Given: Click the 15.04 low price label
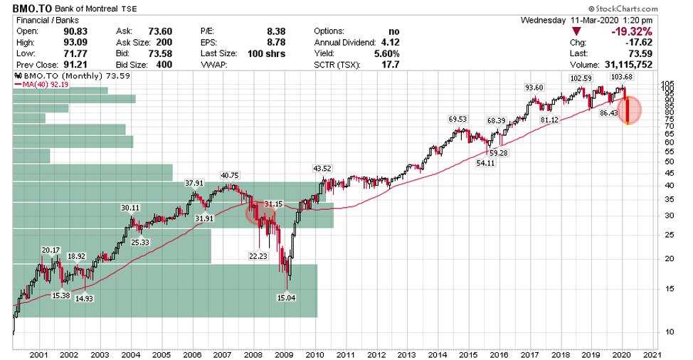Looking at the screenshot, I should (x=285, y=298).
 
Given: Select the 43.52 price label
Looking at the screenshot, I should (x=324, y=169).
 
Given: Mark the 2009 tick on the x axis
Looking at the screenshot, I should (x=284, y=354).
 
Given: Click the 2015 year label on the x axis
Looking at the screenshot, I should (x=467, y=354).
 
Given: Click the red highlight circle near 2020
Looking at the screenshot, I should (x=627, y=110).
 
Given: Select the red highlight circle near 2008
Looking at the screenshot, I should (x=258, y=213).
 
